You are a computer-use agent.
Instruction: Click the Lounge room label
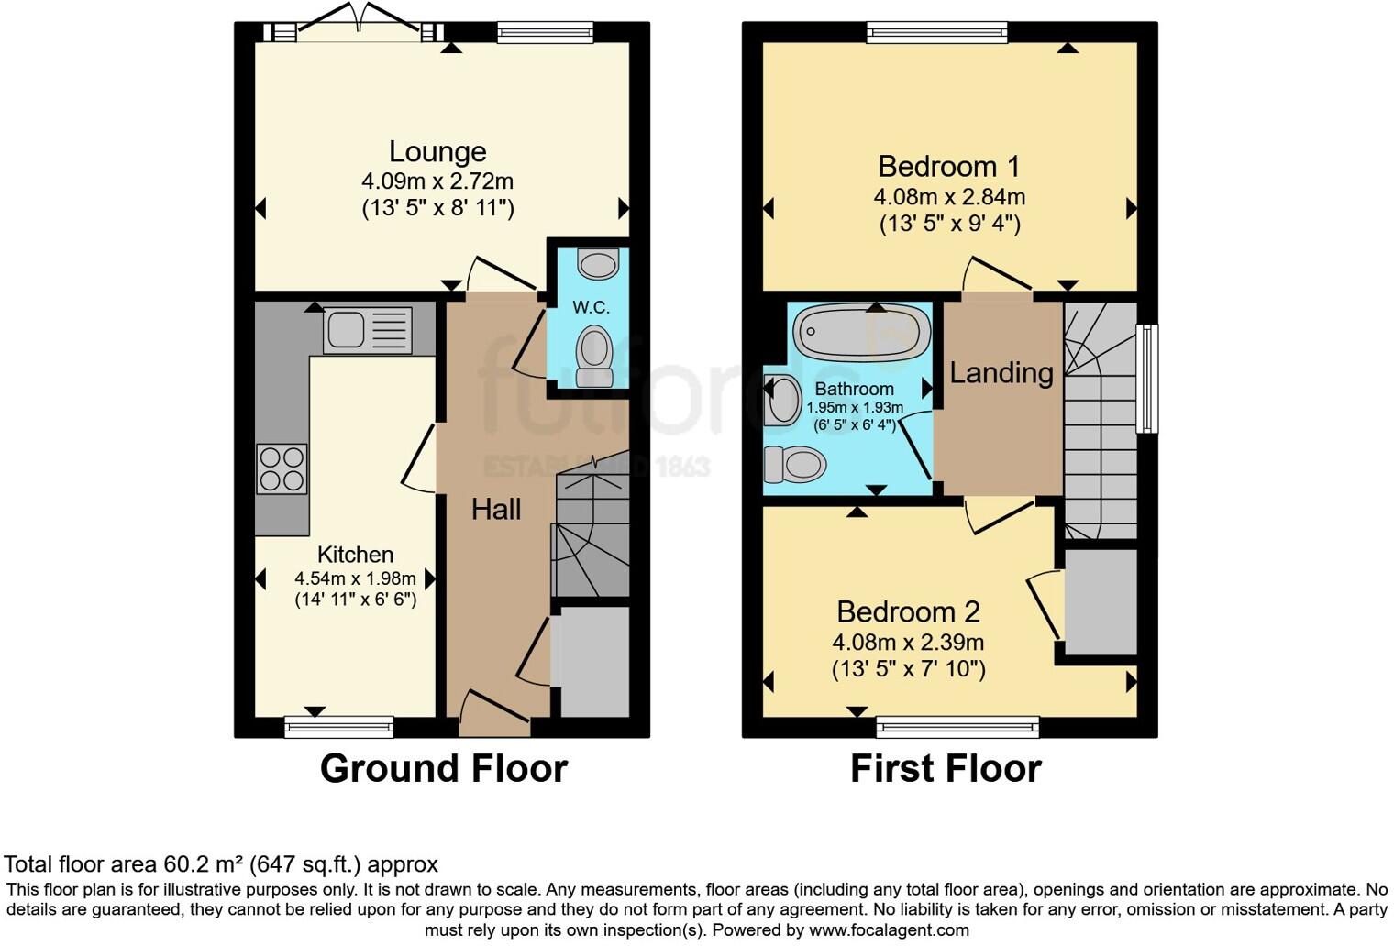coord(437,151)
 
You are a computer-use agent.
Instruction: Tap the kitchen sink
coord(367,329)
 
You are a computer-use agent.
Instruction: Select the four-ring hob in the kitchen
coord(282,468)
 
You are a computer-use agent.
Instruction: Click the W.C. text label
coord(591,307)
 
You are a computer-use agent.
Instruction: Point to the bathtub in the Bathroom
coord(860,332)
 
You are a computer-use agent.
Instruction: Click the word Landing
coord(1001,373)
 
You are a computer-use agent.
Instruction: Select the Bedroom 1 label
coord(948,167)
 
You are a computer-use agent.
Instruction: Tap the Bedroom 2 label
coord(908,611)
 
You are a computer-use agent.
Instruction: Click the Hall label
coord(496,510)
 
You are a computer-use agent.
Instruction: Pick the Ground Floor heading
coord(443,768)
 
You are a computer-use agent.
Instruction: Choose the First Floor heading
coord(946,768)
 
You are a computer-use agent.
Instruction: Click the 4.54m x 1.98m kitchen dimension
coord(355,578)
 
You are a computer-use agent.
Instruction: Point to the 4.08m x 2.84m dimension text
coord(949,197)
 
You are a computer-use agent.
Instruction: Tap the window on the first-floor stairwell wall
coord(1146,378)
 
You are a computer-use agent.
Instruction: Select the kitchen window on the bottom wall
coord(339,727)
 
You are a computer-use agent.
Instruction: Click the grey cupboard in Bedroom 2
coord(1101,602)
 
